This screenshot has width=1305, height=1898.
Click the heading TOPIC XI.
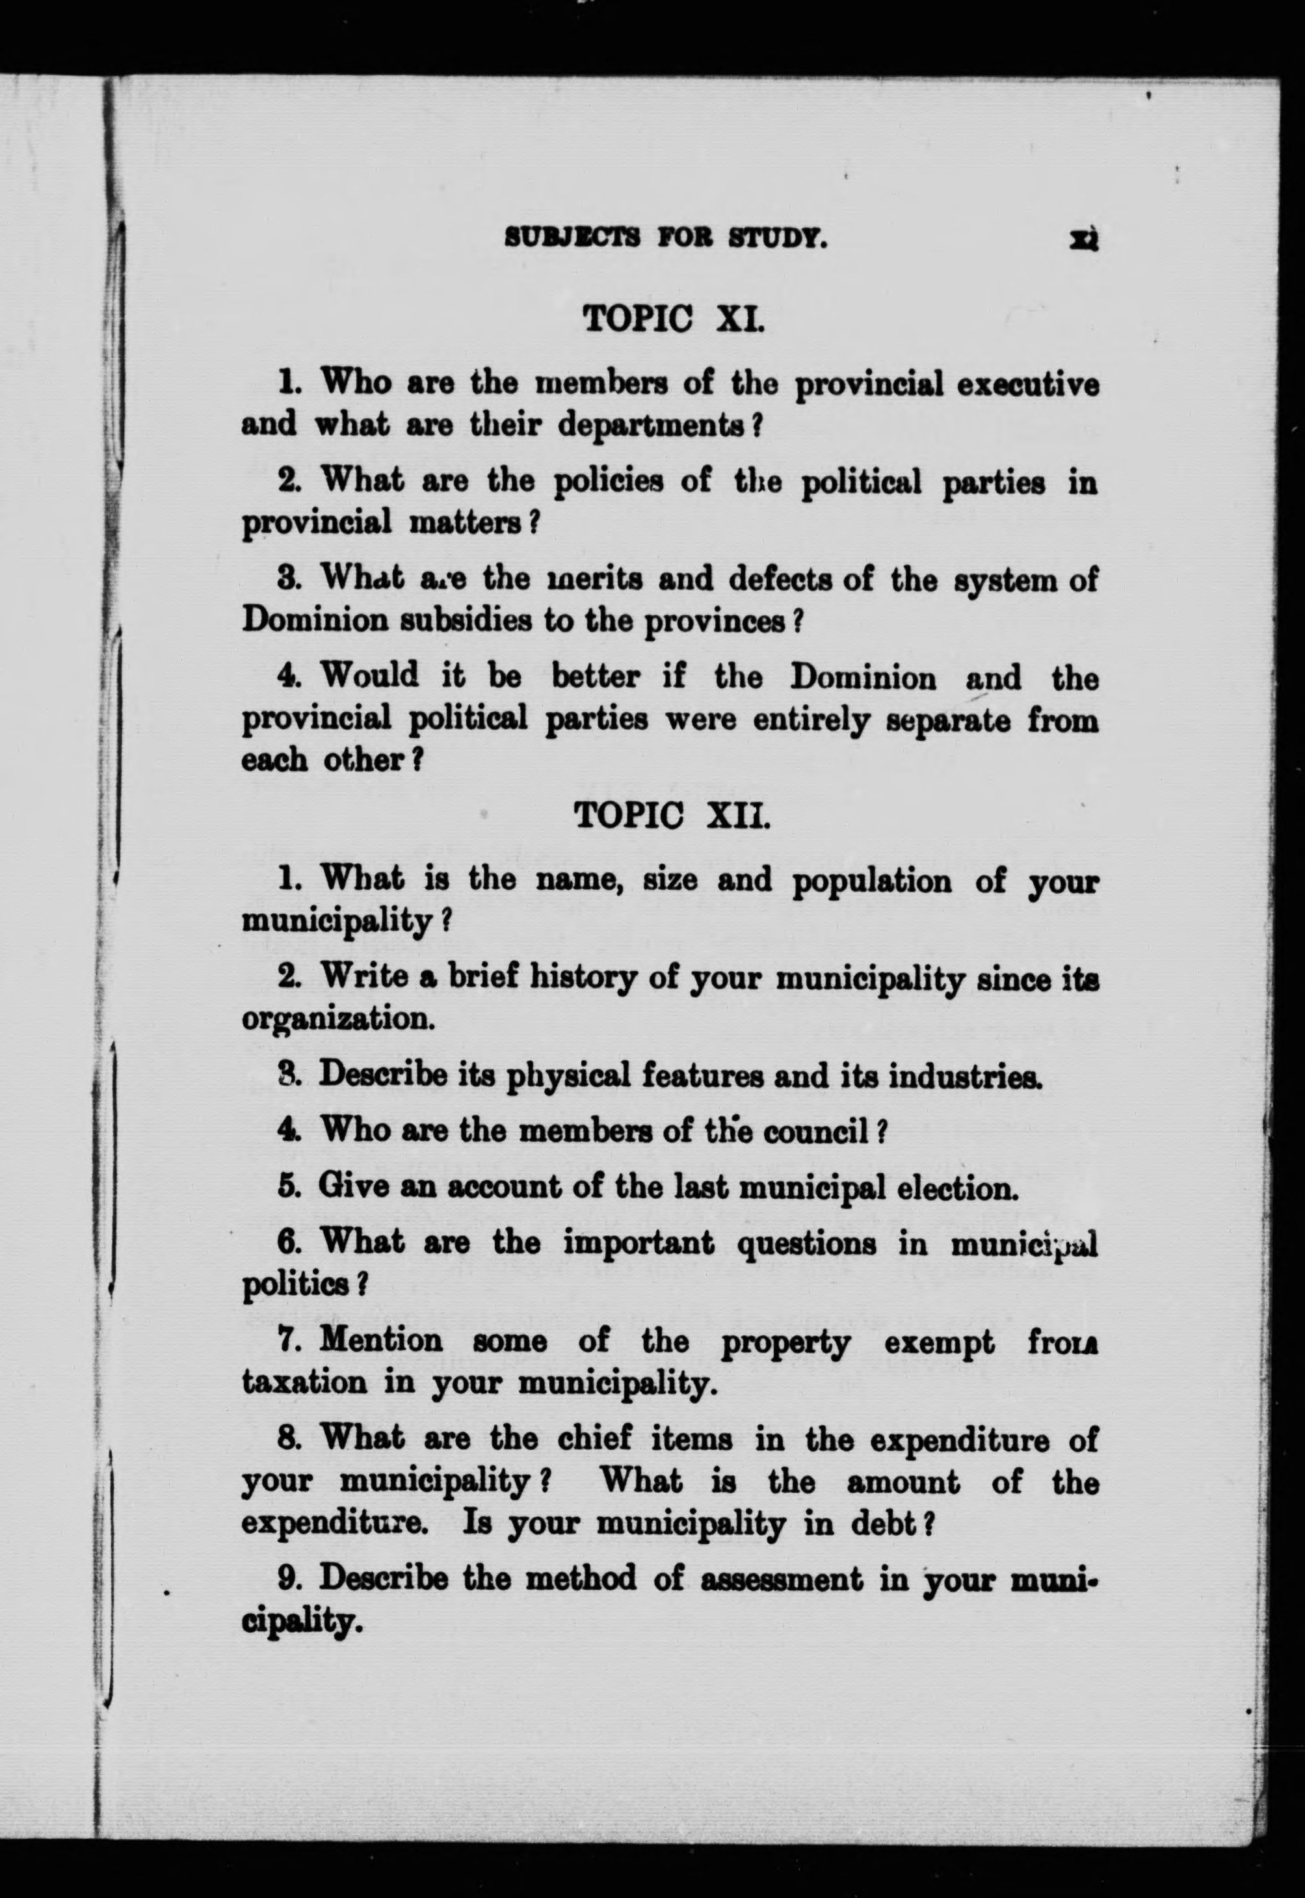tap(672, 317)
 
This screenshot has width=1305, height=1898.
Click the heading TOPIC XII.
tap(672, 815)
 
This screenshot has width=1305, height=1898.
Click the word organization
tap(337, 1020)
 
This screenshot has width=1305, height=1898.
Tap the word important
tap(639, 1244)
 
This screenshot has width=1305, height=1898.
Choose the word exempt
tap(940, 1342)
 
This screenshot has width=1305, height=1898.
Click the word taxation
tap(304, 1383)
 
